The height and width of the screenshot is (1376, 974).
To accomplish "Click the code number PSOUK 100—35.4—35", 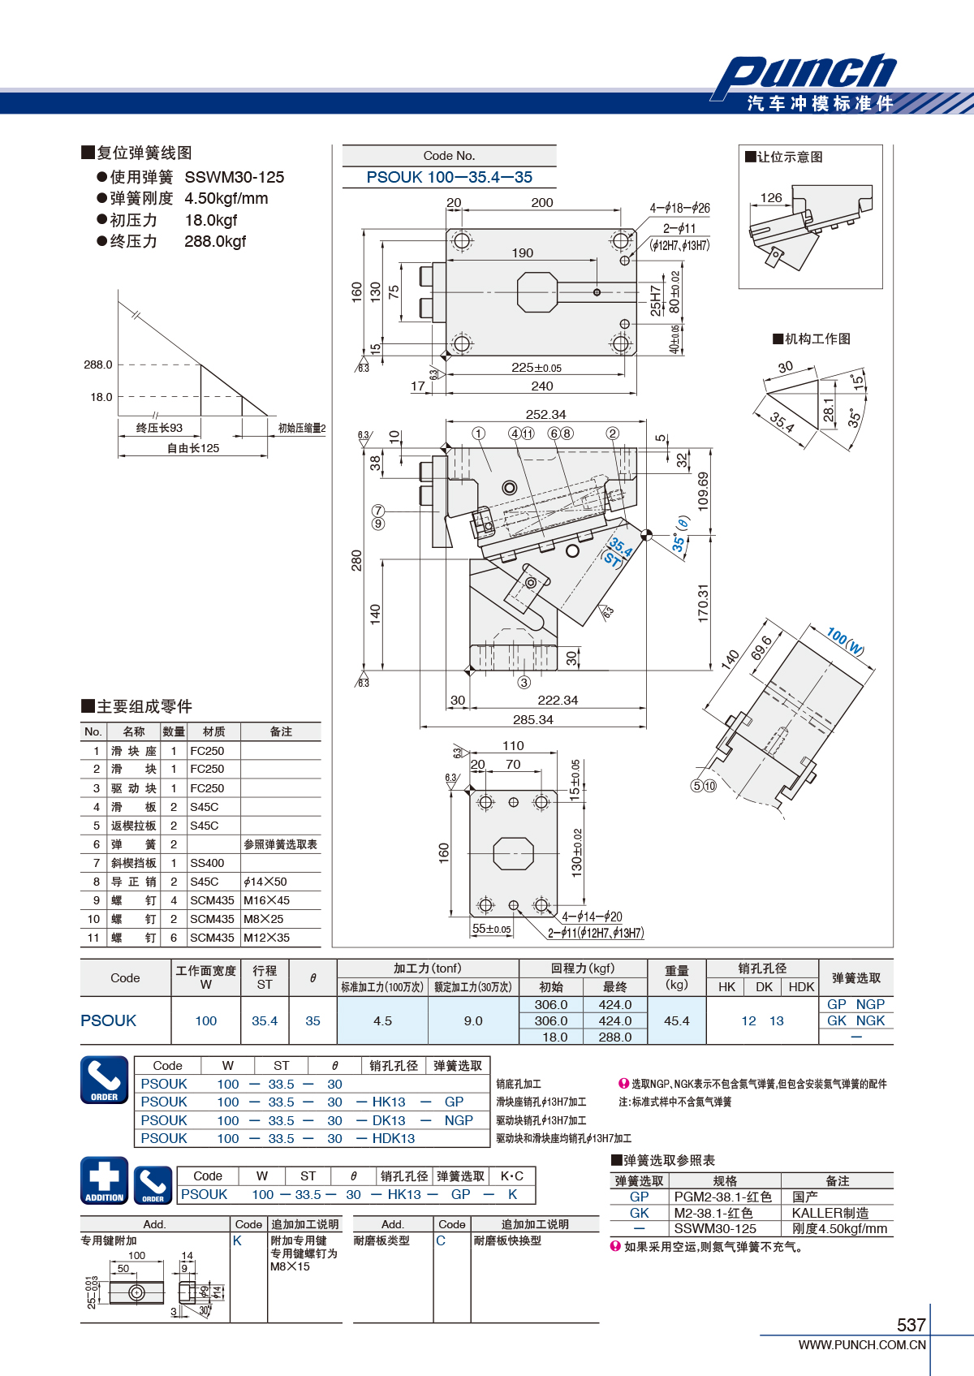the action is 449,178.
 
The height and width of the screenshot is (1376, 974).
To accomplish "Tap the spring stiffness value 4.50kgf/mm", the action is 226,198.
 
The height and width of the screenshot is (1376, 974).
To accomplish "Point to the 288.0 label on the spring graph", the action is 98,364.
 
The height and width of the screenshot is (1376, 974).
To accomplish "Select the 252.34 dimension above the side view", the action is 545,414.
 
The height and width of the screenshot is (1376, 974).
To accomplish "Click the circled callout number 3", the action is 524,682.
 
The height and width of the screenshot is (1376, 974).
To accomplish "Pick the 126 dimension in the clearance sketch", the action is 771,197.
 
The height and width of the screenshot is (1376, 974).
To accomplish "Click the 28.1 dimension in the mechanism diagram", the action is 829,410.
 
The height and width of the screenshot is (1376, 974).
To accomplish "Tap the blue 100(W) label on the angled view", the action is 845,641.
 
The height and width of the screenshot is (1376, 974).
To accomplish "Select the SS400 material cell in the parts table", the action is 207,862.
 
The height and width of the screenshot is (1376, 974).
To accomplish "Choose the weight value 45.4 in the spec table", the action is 676,1020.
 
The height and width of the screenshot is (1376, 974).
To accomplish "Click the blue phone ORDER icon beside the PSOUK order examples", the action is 105,1080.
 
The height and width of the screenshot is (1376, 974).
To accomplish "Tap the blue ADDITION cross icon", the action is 105,1180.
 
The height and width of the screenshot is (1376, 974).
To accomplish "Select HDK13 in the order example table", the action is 393,1138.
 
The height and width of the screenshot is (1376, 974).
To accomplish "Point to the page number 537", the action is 911,1324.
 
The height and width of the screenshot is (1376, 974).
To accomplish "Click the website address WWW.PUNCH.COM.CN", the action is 862,1344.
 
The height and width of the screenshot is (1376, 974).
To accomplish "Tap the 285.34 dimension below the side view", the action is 533,719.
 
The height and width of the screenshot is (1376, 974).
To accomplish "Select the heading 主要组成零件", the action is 137,706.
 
